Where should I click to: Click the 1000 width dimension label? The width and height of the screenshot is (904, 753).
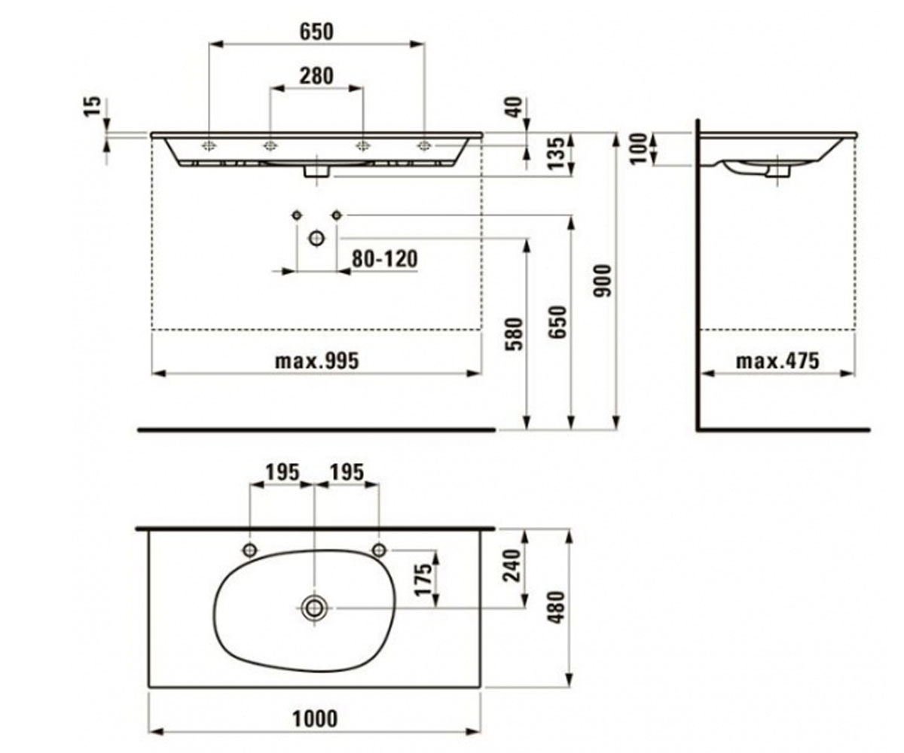(x=315, y=718)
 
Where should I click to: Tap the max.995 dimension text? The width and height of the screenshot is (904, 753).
(x=317, y=361)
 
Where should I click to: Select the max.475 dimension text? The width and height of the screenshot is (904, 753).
(x=777, y=361)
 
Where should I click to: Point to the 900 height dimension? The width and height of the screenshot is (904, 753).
(x=602, y=281)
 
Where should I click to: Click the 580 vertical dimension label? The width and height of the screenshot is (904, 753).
(x=515, y=334)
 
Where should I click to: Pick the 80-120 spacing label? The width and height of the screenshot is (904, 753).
(x=385, y=259)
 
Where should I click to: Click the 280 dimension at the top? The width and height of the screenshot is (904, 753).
(x=316, y=76)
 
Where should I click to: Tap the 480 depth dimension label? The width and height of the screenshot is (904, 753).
(x=557, y=607)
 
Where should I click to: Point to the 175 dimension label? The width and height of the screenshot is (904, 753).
(x=423, y=580)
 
